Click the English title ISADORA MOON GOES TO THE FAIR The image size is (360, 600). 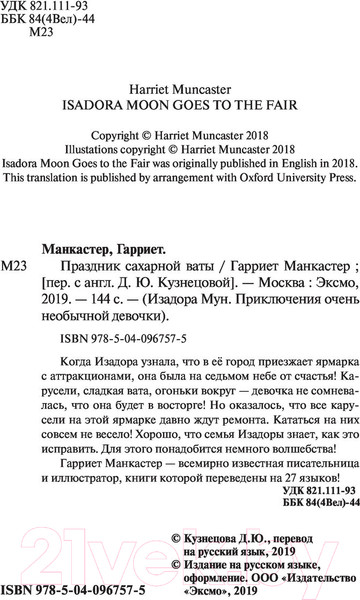click(x=179, y=100)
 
